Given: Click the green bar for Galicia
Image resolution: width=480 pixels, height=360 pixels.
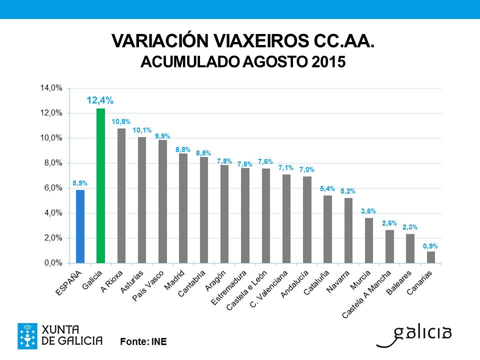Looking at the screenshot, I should pos(100,185).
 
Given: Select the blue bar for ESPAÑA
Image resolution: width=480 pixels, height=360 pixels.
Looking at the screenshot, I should pos(80,226).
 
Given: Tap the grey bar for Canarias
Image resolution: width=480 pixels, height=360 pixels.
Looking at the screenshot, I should pos(430,257).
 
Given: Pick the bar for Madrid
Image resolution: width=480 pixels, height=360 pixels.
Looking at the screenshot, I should pos(183,208).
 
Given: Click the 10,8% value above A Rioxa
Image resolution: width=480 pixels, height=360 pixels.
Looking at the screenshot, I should pos(121,121).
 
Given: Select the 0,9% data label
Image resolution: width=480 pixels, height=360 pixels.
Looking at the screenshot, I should pos(430,245).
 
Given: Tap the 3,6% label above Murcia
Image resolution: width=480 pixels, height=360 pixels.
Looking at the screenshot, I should pos(368,211).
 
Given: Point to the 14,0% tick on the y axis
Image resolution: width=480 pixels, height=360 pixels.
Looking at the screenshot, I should pos(51,88).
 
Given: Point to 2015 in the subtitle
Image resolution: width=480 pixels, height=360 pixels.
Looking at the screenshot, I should pos(328,61).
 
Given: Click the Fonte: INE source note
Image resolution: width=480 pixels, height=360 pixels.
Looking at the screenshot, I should pos(143,341).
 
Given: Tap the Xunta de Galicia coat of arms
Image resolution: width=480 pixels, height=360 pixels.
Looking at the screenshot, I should pos(27,336).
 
